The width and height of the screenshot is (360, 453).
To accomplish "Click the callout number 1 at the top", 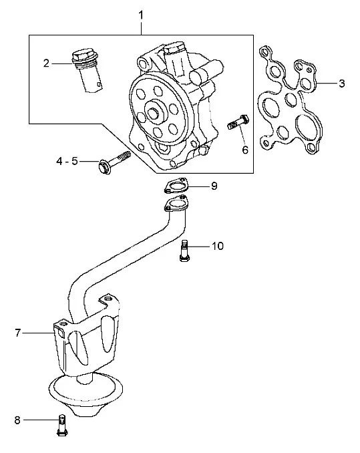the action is [141, 15].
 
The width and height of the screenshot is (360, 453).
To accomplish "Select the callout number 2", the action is [46, 63].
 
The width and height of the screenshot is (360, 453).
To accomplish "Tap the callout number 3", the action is [342, 84].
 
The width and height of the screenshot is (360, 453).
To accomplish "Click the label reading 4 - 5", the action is [67, 161].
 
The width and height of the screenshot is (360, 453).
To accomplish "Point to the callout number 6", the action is [245, 150].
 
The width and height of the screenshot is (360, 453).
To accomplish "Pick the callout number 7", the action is [17, 333].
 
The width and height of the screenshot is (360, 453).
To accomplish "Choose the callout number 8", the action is [17, 420].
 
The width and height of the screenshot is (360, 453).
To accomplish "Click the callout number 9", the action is [214, 186].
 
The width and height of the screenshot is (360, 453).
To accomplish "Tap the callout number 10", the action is [218, 246].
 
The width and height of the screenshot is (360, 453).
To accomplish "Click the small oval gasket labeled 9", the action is [176, 185].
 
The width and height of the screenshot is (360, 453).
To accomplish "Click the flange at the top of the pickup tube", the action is [176, 204].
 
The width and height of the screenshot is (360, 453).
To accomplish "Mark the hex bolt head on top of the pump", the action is [173, 47].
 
